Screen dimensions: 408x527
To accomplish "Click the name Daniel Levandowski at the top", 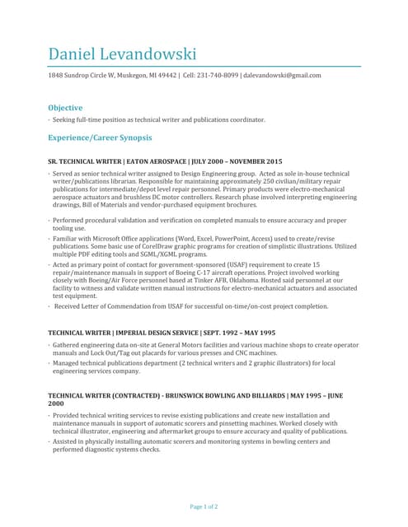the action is [x=122, y=54].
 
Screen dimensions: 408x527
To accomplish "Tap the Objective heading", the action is [x=65, y=108].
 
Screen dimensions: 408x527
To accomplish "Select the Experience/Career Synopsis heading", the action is [x=100, y=138].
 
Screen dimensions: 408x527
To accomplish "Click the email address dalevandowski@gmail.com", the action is [x=283, y=76].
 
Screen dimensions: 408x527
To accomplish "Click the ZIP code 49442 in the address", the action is [x=167, y=76].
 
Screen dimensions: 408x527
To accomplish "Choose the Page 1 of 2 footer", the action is [x=204, y=506].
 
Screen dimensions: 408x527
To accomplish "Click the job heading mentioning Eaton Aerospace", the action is [x=165, y=161].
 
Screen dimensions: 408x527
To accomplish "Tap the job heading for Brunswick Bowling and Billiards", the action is [x=195, y=396].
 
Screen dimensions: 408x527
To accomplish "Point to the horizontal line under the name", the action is [x=204, y=65].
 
